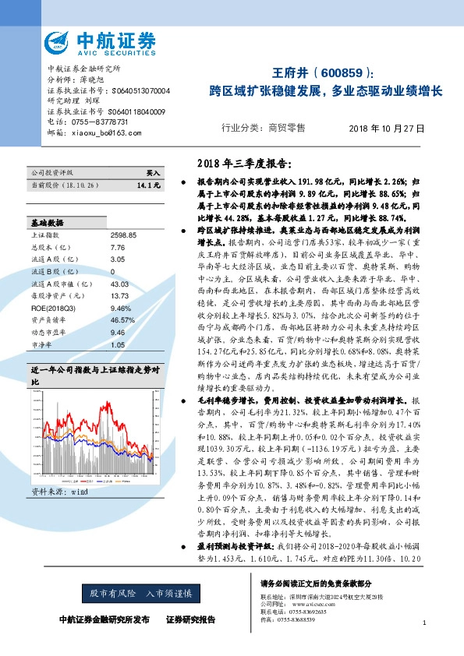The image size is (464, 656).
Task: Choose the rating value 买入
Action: (153, 172)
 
